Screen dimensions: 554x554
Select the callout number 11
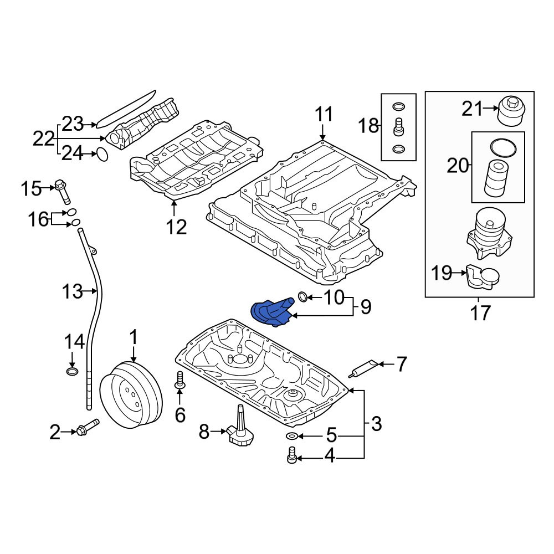pyautogui.click(x=324, y=114)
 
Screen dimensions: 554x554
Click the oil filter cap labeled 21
pyautogui.click(x=511, y=112)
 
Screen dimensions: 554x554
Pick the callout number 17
pyautogui.click(x=480, y=312)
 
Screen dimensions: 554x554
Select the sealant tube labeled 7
pyautogui.click(x=363, y=367)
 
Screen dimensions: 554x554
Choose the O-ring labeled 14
pyautogui.click(x=71, y=371)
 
